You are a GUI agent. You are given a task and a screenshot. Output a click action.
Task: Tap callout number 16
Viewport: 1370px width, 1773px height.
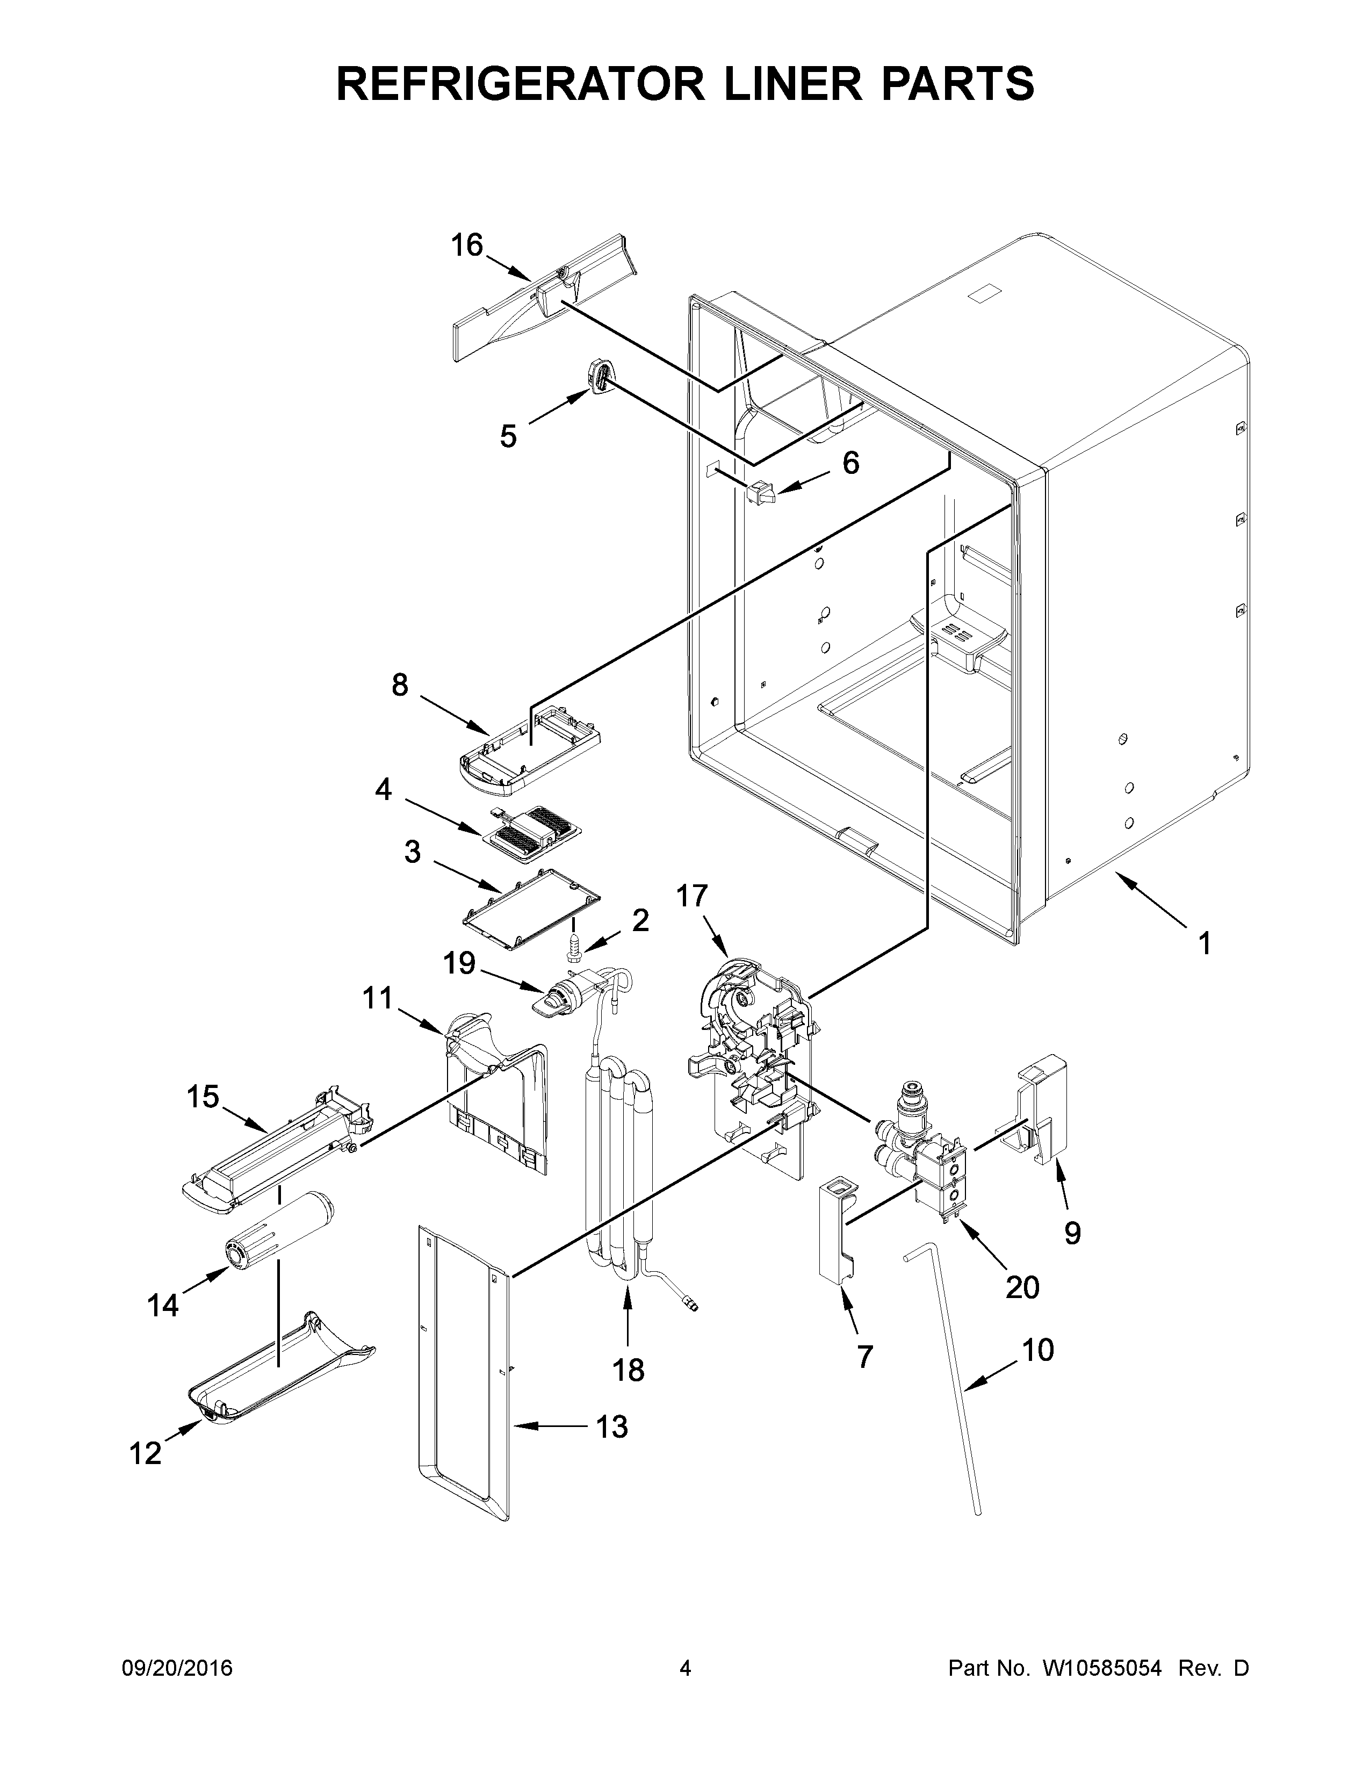click(x=467, y=244)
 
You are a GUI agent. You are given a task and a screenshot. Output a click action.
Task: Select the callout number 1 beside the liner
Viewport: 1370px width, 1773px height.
click(x=1205, y=943)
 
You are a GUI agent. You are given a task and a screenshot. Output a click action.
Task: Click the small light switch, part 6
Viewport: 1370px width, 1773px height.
click(x=760, y=491)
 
